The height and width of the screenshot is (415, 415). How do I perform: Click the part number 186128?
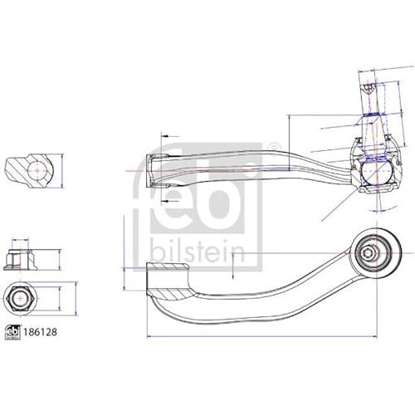tap(40, 332)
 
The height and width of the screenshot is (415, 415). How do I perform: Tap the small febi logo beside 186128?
tap(13, 332)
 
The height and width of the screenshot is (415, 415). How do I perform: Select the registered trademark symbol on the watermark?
tap(273, 147)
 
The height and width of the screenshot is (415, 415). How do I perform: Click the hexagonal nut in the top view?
tap(21, 299)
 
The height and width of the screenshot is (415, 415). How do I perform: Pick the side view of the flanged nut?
tap(20, 259)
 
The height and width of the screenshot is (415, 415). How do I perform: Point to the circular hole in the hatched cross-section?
tap(37, 171)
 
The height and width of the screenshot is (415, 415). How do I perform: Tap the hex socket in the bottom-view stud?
tap(368, 253)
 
